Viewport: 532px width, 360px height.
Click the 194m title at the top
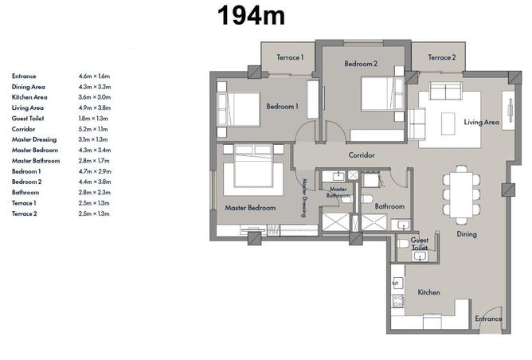(x=251, y=16)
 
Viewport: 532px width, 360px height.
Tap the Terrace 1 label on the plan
(x=290, y=57)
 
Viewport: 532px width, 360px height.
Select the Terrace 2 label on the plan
(x=442, y=57)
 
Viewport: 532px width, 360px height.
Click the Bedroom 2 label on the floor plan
(x=361, y=64)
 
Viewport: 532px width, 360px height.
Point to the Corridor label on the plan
(x=362, y=155)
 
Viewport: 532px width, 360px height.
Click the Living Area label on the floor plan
(x=482, y=122)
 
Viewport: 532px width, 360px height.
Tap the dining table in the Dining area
(x=461, y=195)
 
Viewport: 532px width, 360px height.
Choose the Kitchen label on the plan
(x=428, y=292)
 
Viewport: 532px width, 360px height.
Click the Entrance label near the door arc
(x=488, y=319)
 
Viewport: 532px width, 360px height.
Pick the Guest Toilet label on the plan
(x=420, y=244)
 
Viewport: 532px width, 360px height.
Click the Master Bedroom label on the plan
(x=250, y=208)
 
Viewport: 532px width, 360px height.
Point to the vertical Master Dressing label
(x=304, y=198)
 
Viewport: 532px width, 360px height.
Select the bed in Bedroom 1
(x=238, y=109)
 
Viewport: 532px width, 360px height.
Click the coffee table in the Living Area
(x=448, y=123)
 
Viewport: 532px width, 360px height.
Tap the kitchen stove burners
(x=397, y=300)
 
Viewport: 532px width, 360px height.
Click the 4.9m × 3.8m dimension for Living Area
(x=95, y=108)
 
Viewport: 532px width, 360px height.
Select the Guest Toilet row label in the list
(x=28, y=119)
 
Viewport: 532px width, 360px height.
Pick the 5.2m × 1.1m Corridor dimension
(x=93, y=129)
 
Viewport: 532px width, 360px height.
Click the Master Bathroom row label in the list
(x=36, y=161)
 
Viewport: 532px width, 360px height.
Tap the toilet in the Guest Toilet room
(x=404, y=244)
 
